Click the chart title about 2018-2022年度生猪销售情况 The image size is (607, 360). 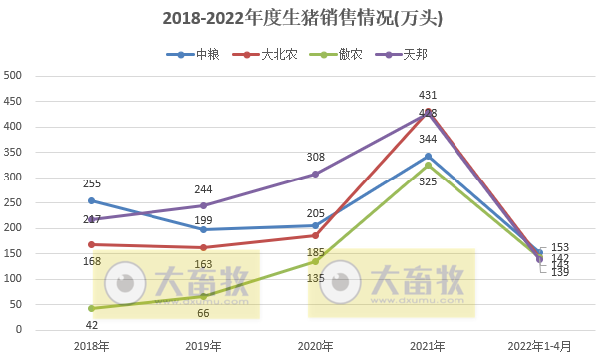tap(303, 19)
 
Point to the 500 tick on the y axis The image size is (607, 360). tap(13, 75)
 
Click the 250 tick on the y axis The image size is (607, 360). tap(13, 202)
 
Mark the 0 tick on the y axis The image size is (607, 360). tap(18, 330)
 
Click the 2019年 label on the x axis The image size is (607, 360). tap(203, 345)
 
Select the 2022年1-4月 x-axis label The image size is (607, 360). tap(538, 345)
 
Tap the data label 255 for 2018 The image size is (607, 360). tap(92, 183)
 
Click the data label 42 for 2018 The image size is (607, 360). tap(92, 325)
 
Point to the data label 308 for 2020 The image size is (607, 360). tap(316, 157)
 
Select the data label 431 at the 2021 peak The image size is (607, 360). tap(428, 95)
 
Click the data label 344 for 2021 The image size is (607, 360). tap(428, 139)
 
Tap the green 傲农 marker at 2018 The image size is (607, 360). tap(92, 308)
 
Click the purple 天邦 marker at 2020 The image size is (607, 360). tap(316, 174)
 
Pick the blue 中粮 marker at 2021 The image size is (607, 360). tap(428, 156)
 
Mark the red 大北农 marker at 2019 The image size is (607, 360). tap(203, 247)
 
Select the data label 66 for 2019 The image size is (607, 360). tap(203, 313)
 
